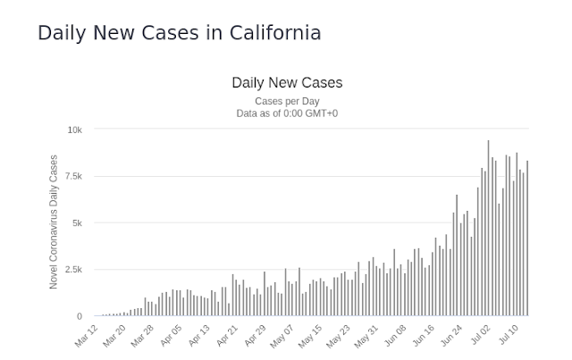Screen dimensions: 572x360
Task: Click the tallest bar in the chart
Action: [489, 228]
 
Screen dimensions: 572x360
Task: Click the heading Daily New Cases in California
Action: [180, 33]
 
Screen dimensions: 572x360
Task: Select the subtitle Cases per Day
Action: [287, 101]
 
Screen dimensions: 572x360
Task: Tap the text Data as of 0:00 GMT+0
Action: [287, 113]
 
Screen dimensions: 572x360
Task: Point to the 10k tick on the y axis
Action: [75, 130]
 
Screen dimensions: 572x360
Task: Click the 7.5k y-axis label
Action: [73, 177]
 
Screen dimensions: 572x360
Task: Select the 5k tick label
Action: [78, 222]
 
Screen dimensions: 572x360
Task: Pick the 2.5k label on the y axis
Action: [73, 270]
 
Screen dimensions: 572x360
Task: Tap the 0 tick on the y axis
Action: [80, 316]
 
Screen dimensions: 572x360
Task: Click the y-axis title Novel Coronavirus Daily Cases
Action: [54, 222]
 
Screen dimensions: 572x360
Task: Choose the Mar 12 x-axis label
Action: [87, 336]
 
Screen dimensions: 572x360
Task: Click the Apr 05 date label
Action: [171, 336]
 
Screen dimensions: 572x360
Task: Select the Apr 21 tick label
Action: [227, 336]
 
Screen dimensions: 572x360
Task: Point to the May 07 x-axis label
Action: [282, 336]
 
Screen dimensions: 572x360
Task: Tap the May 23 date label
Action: [338, 336]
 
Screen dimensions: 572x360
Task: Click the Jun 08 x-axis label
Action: [395, 336]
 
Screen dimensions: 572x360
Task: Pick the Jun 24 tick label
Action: [451, 336]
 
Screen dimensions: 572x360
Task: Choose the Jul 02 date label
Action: [481, 335]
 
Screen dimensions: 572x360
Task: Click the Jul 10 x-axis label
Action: [509, 335]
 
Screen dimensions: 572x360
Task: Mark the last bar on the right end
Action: [527, 239]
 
